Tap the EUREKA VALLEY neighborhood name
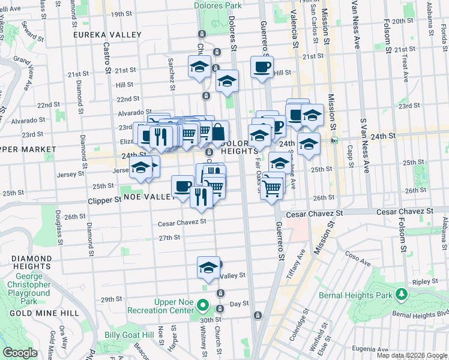pos(107,35)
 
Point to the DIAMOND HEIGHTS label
pos(30,262)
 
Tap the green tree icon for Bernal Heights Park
pos(400,294)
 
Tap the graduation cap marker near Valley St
pos(208,267)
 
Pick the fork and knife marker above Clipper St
pos(201,196)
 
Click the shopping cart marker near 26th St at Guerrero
pos(273,188)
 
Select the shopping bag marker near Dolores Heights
pos(218,132)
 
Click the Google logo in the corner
pos(20,353)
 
